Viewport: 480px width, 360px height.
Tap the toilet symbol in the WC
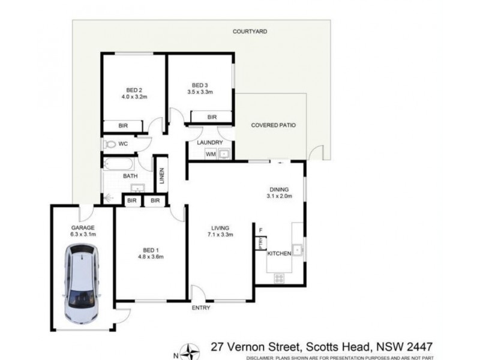pyautogui.click(x=109, y=145)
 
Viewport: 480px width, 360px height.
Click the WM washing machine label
pyautogui.click(x=211, y=154)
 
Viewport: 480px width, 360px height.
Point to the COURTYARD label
pyautogui.click(x=251, y=31)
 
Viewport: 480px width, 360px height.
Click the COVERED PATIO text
pyautogui.click(x=274, y=125)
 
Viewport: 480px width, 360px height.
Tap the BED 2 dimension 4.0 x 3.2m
pyautogui.click(x=133, y=96)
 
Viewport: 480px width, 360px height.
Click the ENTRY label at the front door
pyautogui.click(x=201, y=308)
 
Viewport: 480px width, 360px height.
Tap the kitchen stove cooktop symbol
pyautogui.click(x=279, y=278)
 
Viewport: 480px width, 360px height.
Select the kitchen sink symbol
pyautogui.click(x=296, y=249)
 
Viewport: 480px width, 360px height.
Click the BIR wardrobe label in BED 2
pyautogui.click(x=123, y=126)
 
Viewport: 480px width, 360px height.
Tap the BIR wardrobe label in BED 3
pyautogui.click(x=212, y=117)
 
